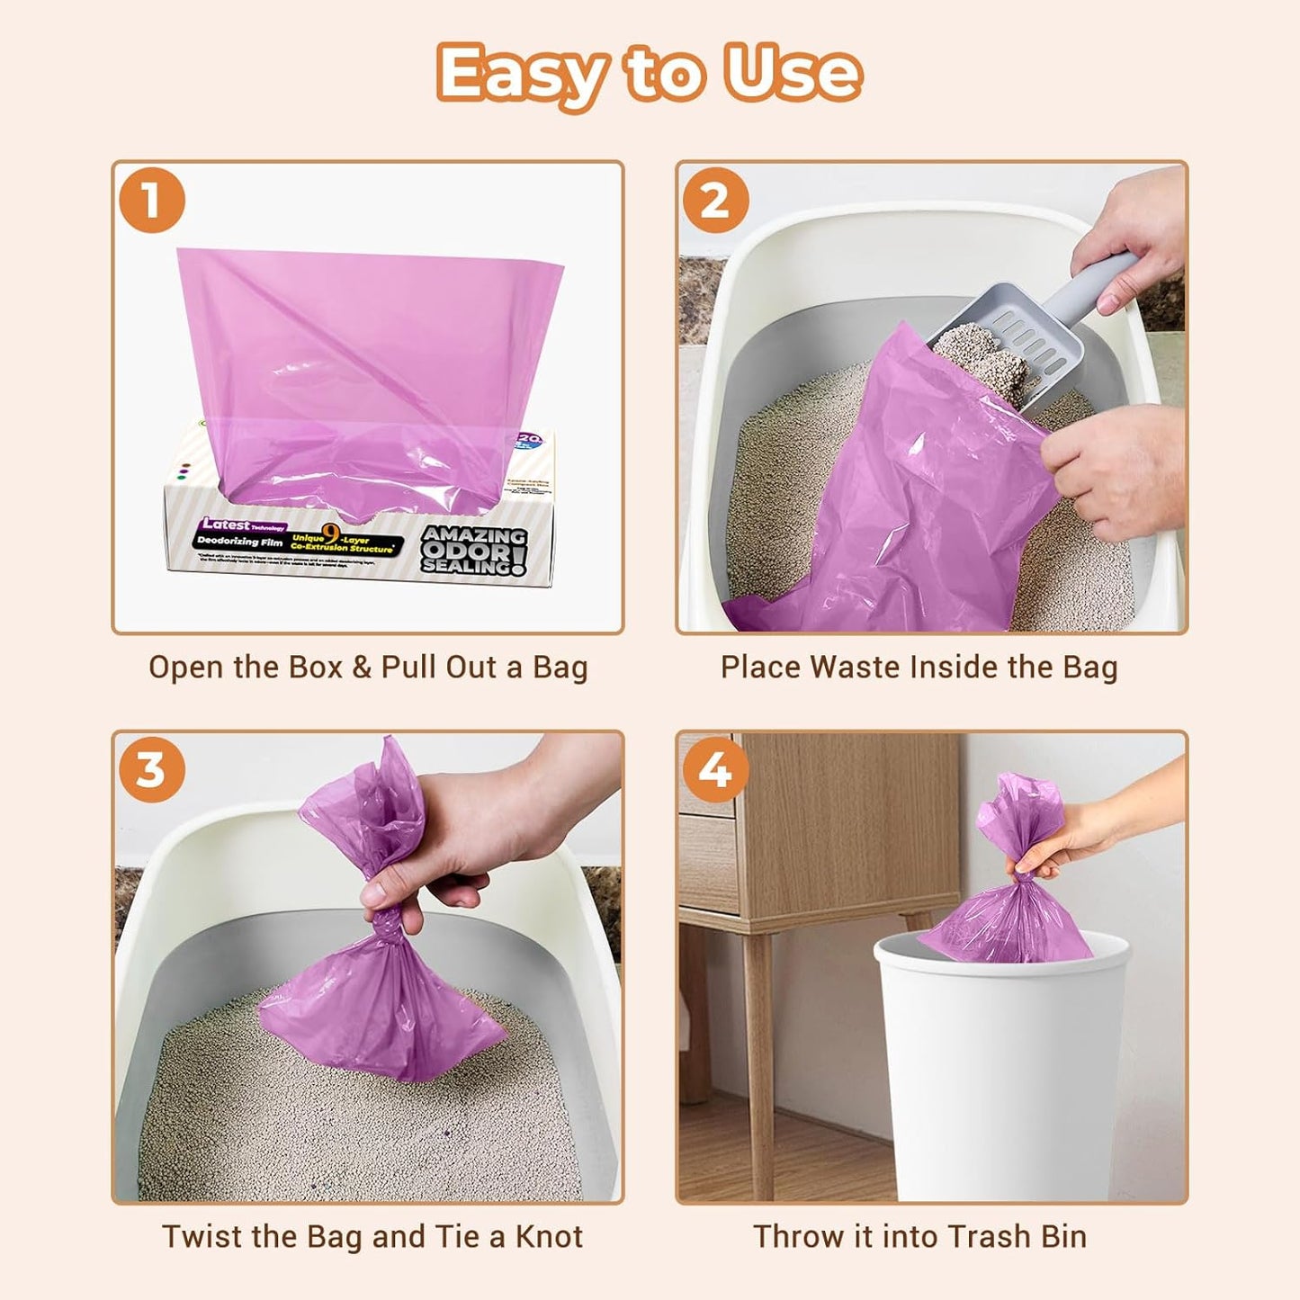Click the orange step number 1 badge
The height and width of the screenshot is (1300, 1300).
tap(151, 200)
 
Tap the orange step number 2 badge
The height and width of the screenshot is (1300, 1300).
tap(715, 200)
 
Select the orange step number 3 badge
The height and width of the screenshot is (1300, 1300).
tap(151, 770)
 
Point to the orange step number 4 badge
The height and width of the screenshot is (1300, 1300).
tap(715, 770)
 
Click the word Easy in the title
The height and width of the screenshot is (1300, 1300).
tap(521, 75)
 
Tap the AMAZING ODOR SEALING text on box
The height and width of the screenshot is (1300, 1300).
tap(473, 550)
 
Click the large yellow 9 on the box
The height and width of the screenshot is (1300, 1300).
tap(331, 538)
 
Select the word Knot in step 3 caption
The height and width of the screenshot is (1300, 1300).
tap(549, 1237)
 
